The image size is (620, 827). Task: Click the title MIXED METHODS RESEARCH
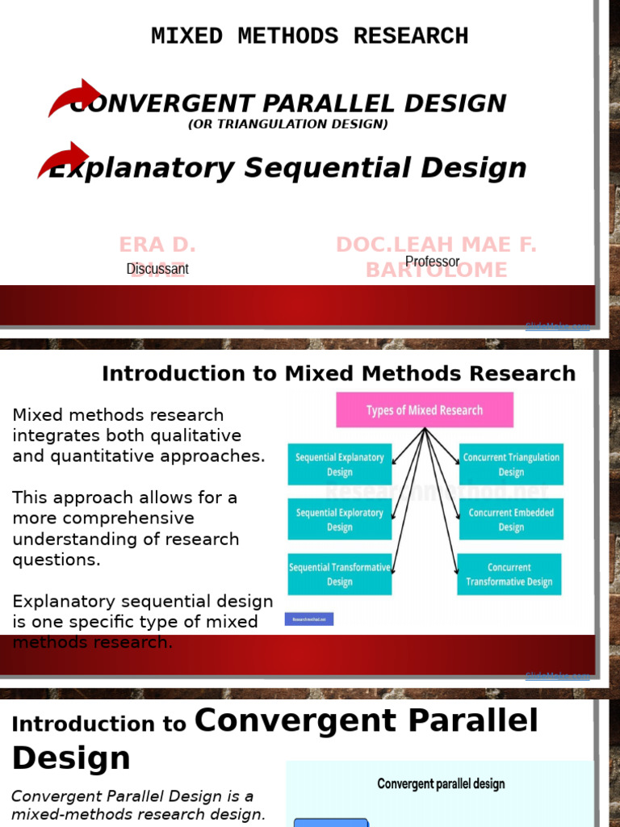pos(309,36)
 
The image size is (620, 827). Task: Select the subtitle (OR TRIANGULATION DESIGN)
pos(288,124)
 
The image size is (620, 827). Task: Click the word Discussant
pos(157,269)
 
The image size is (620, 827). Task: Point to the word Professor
pos(432,262)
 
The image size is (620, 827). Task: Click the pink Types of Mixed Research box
pos(424,410)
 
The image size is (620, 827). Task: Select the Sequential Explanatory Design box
pos(339,464)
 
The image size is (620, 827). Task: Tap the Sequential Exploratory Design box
pos(339,519)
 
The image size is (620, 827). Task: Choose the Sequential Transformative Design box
pos(339,574)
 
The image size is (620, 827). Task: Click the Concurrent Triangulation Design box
pos(511,464)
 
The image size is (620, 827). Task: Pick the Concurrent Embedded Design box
pos(511,519)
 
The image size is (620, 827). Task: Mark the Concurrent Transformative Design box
pos(509,574)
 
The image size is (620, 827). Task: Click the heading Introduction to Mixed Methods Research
pos(338,374)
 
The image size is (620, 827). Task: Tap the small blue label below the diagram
pos(308,619)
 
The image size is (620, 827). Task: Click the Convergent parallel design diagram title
pos(441,783)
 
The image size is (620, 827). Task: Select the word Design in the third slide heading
pos(71,758)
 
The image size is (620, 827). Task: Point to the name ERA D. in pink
pos(157,245)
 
